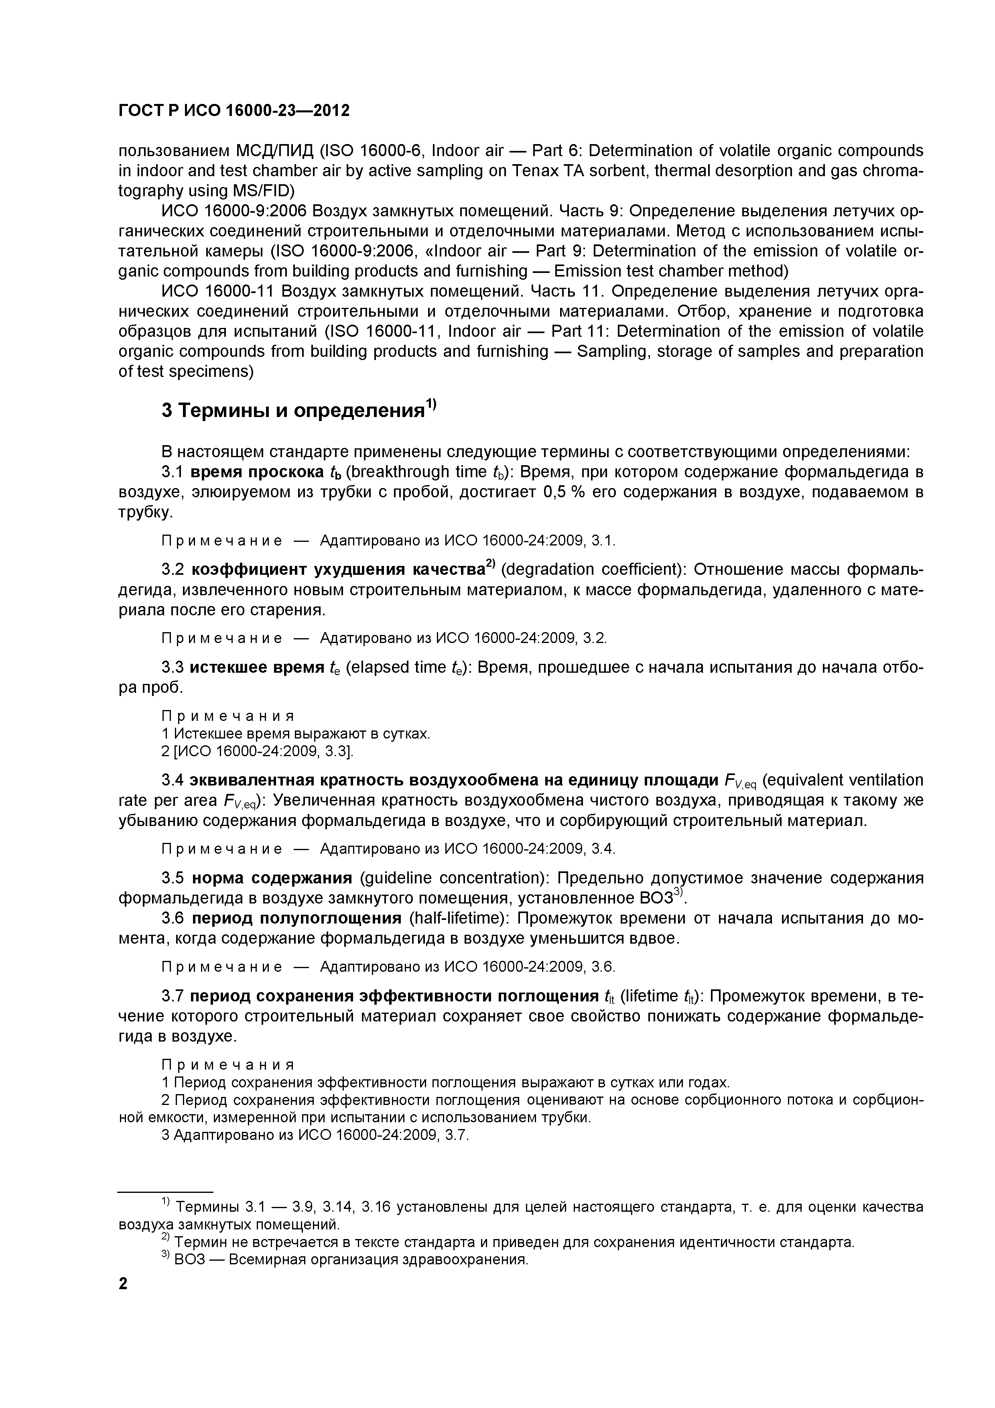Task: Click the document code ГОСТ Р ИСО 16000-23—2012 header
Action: pos(234,110)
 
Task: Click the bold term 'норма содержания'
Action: pos(272,878)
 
